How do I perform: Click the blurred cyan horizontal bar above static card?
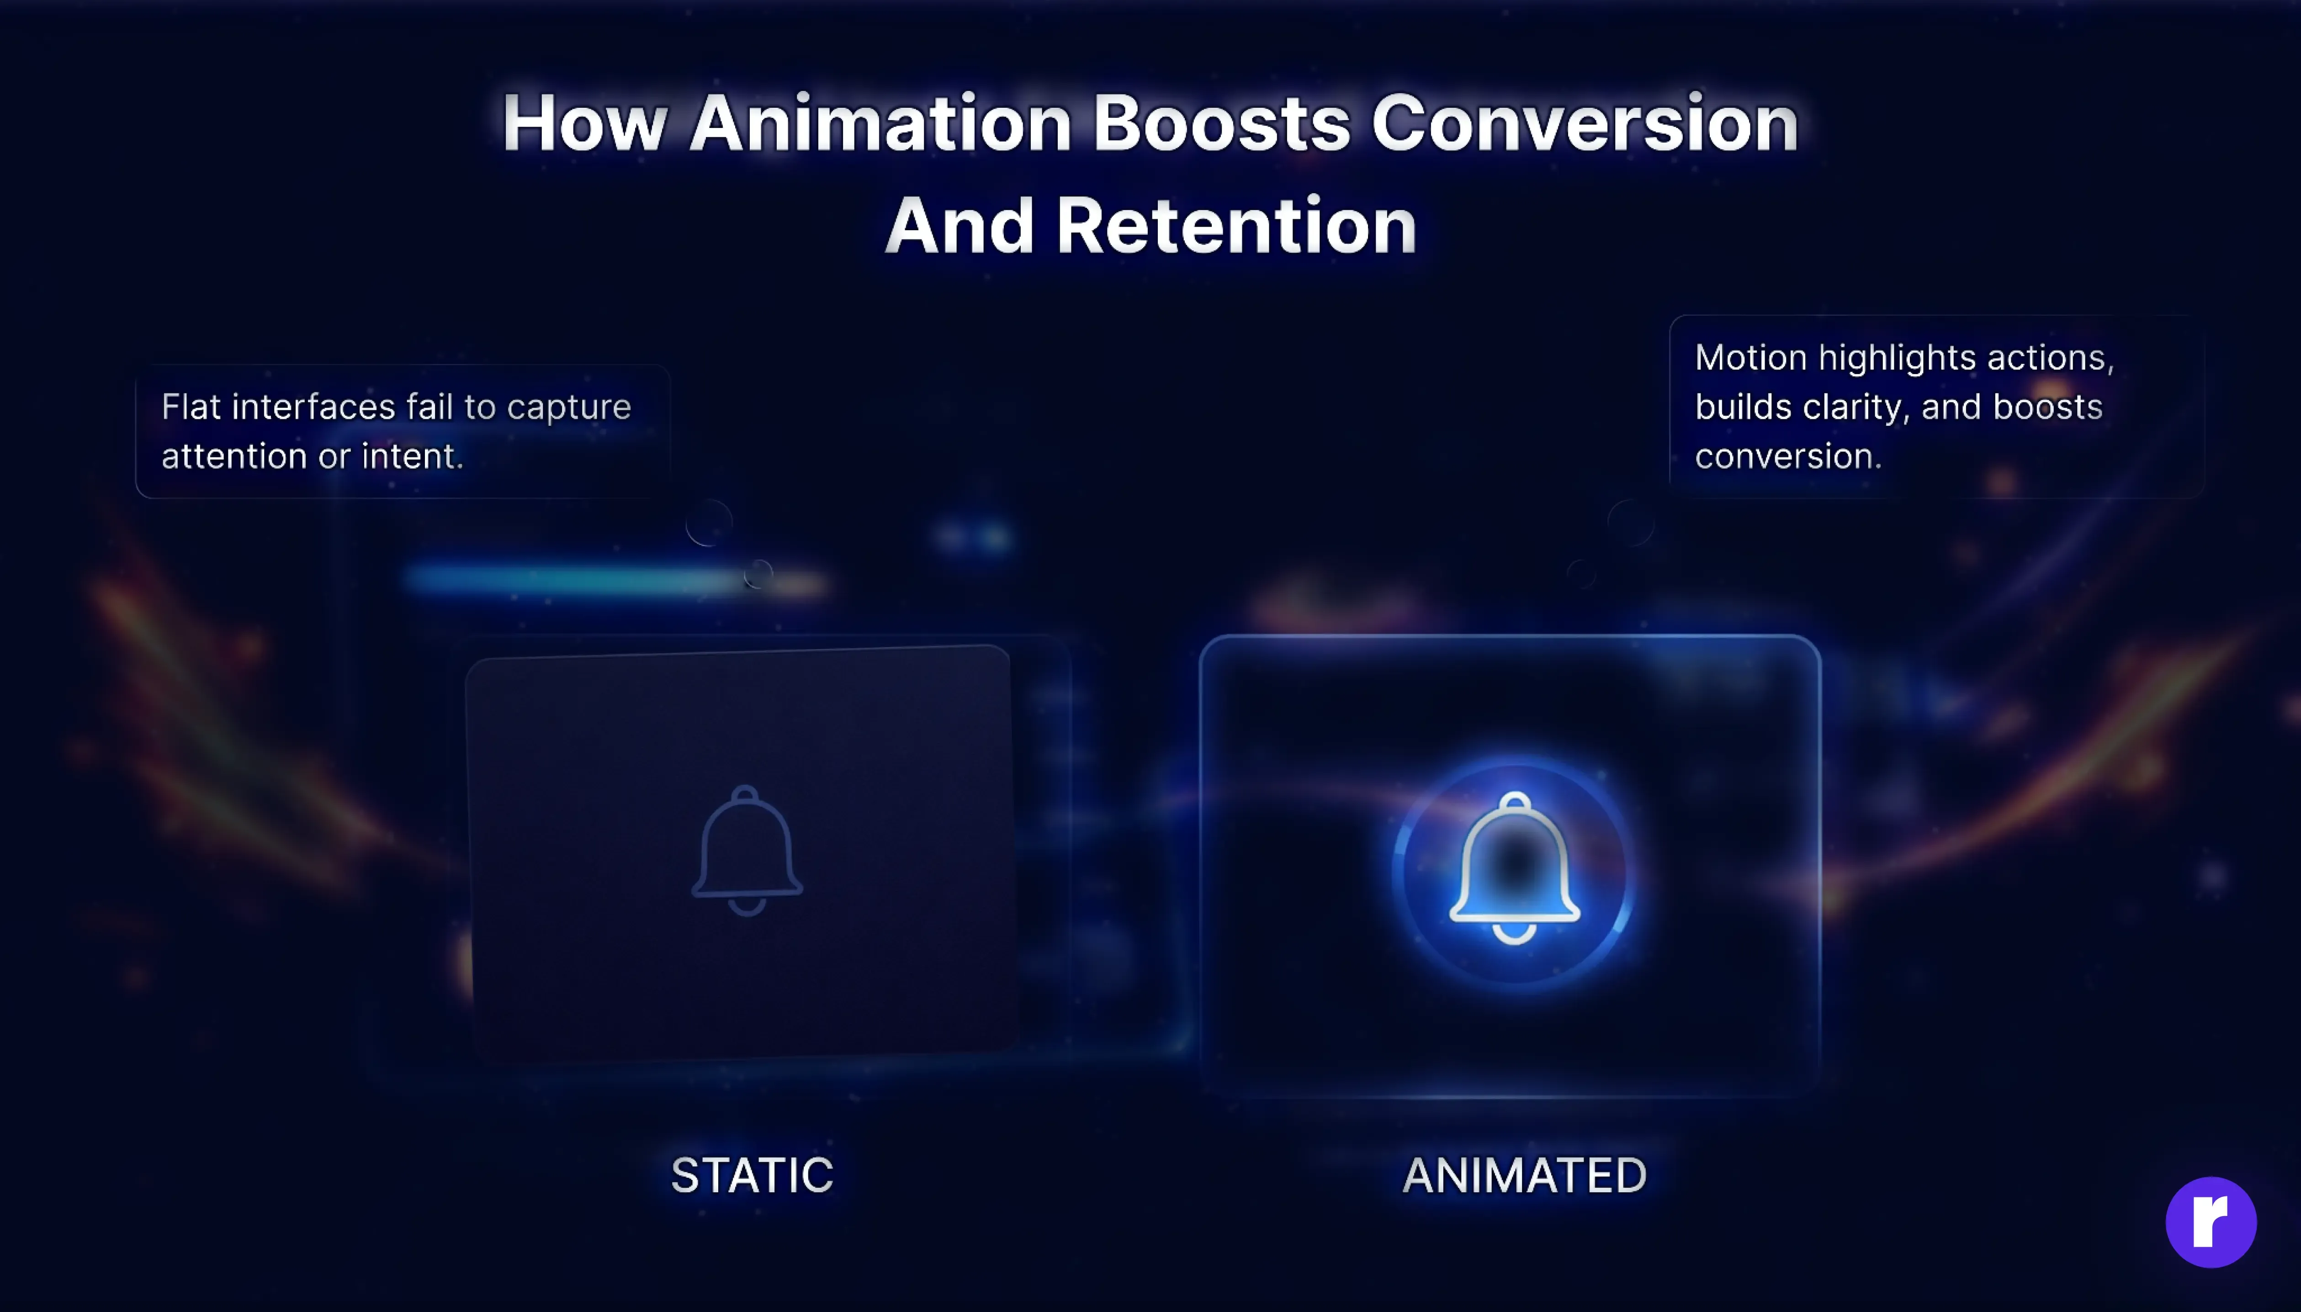tap(577, 579)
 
